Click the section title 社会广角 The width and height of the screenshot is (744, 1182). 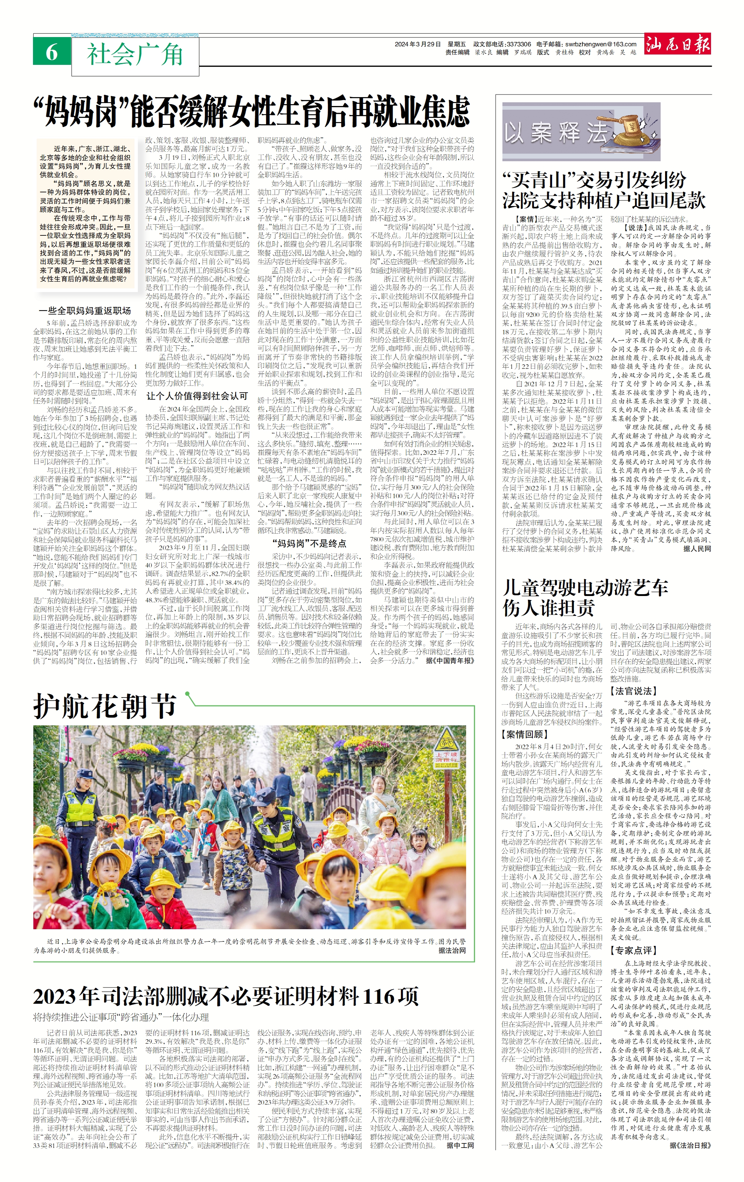pyautogui.click(x=135, y=54)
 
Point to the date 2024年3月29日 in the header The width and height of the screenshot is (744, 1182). pyautogui.click(x=418, y=44)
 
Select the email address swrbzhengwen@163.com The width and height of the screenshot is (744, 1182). pyautogui.click(x=600, y=44)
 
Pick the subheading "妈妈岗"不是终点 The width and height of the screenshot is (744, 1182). pyautogui.click(x=309, y=543)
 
